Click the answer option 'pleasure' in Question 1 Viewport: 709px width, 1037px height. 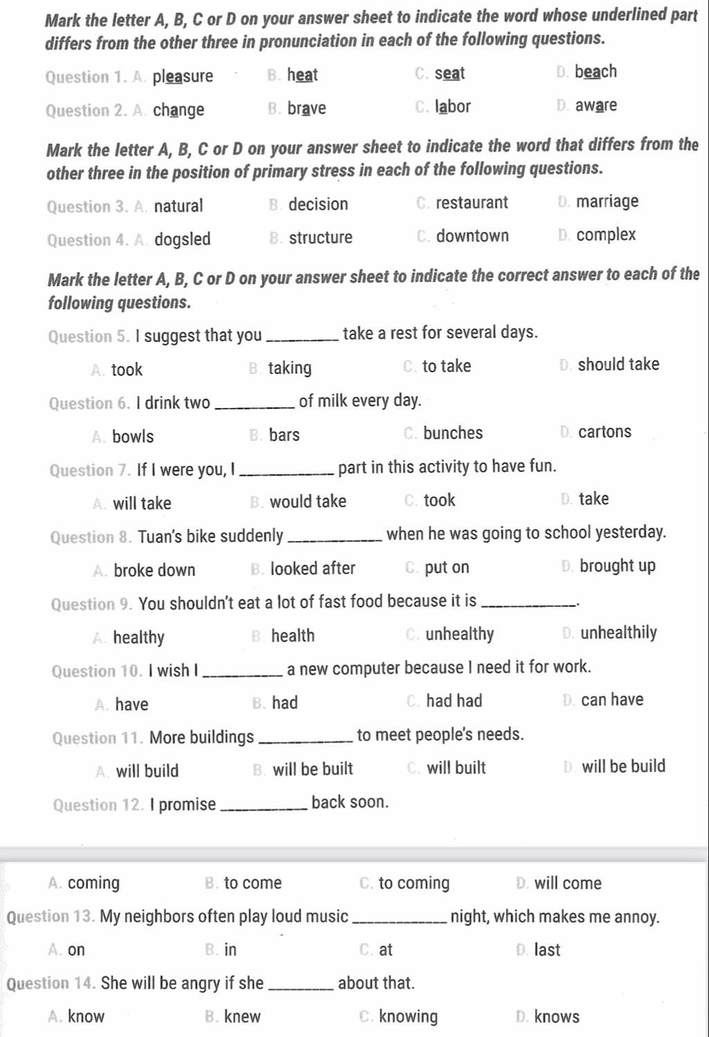[x=183, y=76]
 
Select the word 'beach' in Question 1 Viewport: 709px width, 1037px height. [x=595, y=72]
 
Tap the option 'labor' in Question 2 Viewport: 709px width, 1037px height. [x=453, y=107]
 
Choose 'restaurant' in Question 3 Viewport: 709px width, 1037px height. [x=472, y=203]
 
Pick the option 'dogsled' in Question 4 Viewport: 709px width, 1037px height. [x=182, y=240]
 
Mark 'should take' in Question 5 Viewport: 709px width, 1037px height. [x=618, y=364]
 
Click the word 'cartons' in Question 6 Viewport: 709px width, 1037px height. [x=604, y=432]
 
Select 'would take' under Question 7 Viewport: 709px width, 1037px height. [x=308, y=502]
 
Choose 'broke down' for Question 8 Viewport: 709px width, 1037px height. [x=154, y=570]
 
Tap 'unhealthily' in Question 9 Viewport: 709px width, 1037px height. [x=618, y=633]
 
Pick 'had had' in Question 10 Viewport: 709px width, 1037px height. [x=454, y=701]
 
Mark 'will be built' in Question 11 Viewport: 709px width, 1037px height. [x=313, y=769]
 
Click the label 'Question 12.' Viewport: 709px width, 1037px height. [x=99, y=805]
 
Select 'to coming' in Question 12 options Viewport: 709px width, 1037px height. [x=414, y=883]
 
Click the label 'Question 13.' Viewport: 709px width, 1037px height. [x=51, y=917]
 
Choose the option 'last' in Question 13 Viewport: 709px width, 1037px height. [x=547, y=950]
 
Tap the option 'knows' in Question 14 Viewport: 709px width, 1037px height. [x=557, y=1017]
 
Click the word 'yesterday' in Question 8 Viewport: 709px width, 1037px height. [x=629, y=533]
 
